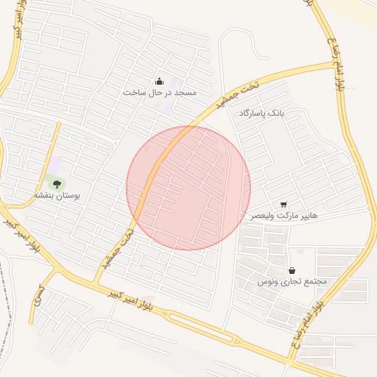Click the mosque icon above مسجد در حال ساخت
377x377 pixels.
pyautogui.click(x=160, y=81)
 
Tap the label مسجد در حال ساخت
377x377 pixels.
pyautogui.click(x=160, y=93)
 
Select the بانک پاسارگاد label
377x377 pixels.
pyautogui.click(x=261, y=113)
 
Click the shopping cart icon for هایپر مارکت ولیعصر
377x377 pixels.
pyautogui.click(x=283, y=204)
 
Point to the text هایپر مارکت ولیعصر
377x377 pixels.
pyautogui.click(x=283, y=216)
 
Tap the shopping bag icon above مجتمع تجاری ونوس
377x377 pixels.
pyautogui.click(x=293, y=270)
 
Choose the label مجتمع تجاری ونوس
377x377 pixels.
pyautogui.click(x=292, y=282)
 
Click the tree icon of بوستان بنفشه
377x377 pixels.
pyautogui.click(x=57, y=184)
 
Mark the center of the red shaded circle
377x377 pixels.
pyautogui.click(x=188, y=188)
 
